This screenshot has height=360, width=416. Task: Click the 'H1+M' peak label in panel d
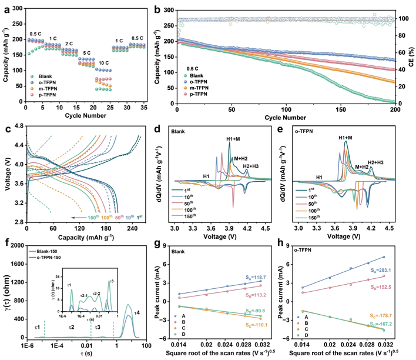point(236,139)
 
